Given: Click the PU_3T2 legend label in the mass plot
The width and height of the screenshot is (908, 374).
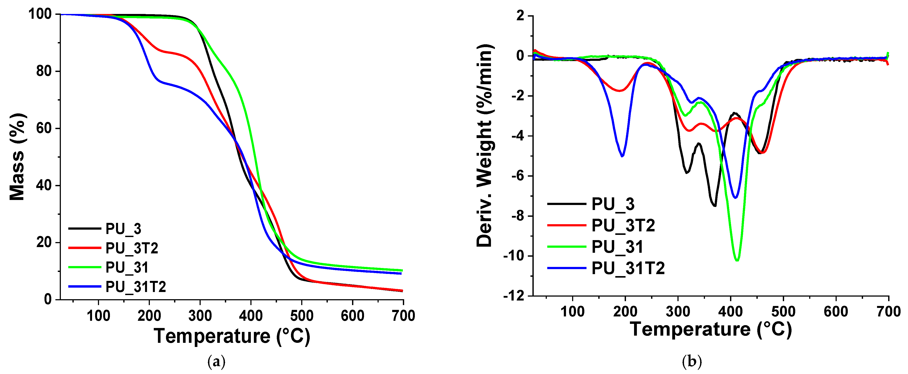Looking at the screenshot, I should click(132, 249).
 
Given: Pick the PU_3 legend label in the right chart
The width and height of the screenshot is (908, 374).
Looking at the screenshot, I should click(613, 205).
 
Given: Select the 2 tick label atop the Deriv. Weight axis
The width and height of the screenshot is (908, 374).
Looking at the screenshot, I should click(520, 16).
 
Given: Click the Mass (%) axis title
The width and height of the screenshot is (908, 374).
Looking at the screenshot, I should click(17, 157).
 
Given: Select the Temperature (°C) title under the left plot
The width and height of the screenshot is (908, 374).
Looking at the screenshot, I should click(232, 336).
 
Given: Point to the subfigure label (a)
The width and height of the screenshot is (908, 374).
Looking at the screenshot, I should click(216, 362).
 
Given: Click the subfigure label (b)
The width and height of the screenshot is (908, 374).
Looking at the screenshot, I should click(692, 362).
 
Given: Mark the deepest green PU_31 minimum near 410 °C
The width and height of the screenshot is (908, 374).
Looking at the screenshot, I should click(737, 260).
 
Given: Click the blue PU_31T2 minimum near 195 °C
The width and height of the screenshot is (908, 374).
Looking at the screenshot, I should click(622, 156).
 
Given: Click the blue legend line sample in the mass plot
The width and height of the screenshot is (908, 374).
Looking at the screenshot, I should click(85, 287).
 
